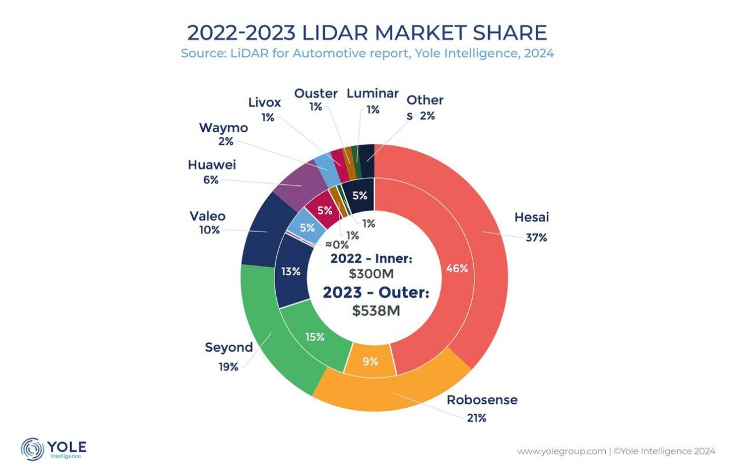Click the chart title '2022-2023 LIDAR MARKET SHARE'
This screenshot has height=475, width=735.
367,33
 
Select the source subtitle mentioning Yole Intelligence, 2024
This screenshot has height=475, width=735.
367,54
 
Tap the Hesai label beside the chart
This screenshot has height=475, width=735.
531,218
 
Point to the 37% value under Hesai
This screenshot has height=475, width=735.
536,237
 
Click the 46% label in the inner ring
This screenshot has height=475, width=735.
457,268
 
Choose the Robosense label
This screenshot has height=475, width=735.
482,400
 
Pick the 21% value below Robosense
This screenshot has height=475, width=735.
476,418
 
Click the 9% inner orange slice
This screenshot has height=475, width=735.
370,361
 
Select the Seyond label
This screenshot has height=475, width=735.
229,348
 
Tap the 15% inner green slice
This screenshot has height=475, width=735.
315,337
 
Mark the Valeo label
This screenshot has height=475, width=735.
207,216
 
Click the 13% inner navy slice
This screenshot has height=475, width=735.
291,271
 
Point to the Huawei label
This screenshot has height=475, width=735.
211,165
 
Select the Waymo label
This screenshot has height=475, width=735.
223,127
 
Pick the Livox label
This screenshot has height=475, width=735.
264,103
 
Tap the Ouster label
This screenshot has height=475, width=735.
316,93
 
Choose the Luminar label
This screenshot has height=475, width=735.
372,93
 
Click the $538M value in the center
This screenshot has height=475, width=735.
376,310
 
